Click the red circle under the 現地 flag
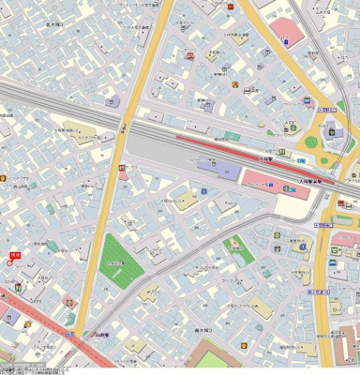10,263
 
